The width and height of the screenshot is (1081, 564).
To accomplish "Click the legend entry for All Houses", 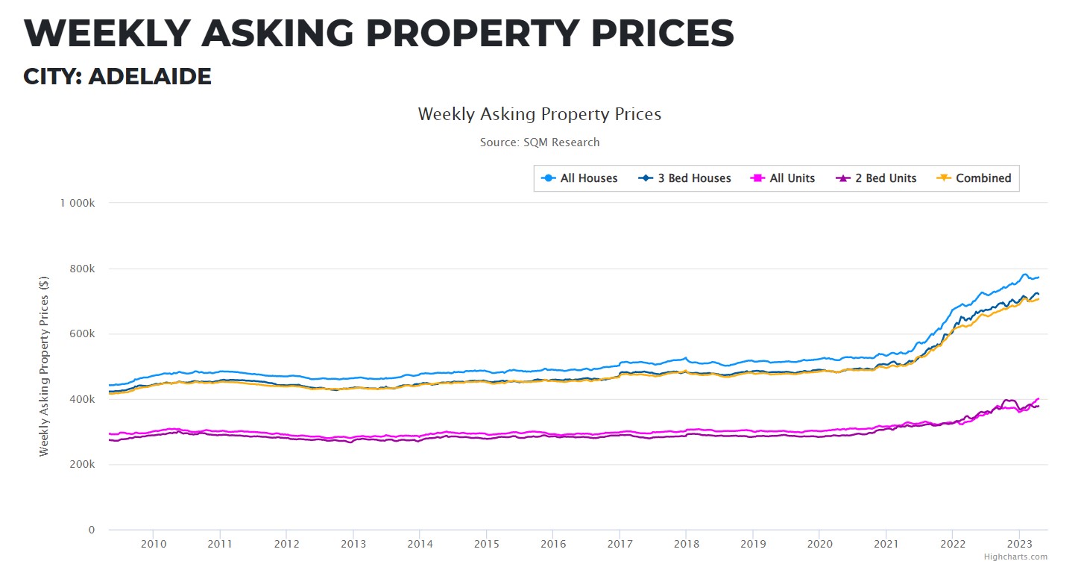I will click(579, 178).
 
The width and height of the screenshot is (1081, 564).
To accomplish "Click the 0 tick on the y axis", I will click(92, 530).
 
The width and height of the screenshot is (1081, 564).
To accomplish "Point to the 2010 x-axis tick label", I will click(153, 545).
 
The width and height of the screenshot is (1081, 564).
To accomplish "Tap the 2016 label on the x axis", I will click(552, 545).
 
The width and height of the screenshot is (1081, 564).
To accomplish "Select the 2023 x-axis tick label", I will click(1019, 545).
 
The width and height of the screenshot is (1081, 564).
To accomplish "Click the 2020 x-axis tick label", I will click(819, 545).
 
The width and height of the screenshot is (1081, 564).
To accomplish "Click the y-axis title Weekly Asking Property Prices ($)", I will click(44, 366).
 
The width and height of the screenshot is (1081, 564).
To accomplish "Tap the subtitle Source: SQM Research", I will click(540, 142).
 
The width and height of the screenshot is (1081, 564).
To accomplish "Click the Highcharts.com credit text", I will click(1015, 557).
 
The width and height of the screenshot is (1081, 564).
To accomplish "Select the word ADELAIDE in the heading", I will click(150, 76).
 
